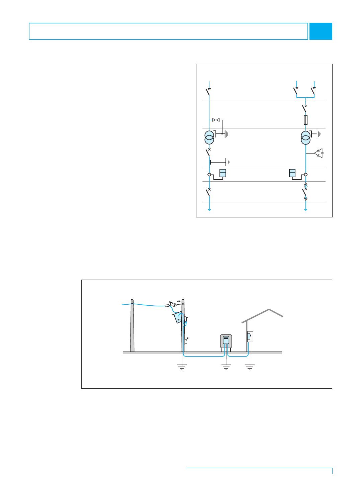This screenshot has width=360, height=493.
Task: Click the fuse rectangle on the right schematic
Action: click(305, 120)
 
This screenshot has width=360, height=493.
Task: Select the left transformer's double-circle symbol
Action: click(209, 137)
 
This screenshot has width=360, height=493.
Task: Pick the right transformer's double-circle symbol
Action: click(305, 137)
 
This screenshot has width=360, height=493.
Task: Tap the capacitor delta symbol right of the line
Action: click(319, 153)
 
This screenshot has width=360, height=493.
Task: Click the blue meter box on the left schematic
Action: click(223, 173)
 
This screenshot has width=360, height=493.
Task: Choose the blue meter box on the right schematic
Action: click(292, 173)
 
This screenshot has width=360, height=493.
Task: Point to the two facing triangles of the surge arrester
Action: click(216, 120)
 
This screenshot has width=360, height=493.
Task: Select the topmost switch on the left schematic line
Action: click(208, 92)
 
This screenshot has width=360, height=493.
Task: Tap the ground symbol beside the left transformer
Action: click(227, 134)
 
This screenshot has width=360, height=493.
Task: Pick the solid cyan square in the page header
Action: click(321, 31)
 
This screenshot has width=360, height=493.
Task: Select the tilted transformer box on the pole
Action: click(178, 318)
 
